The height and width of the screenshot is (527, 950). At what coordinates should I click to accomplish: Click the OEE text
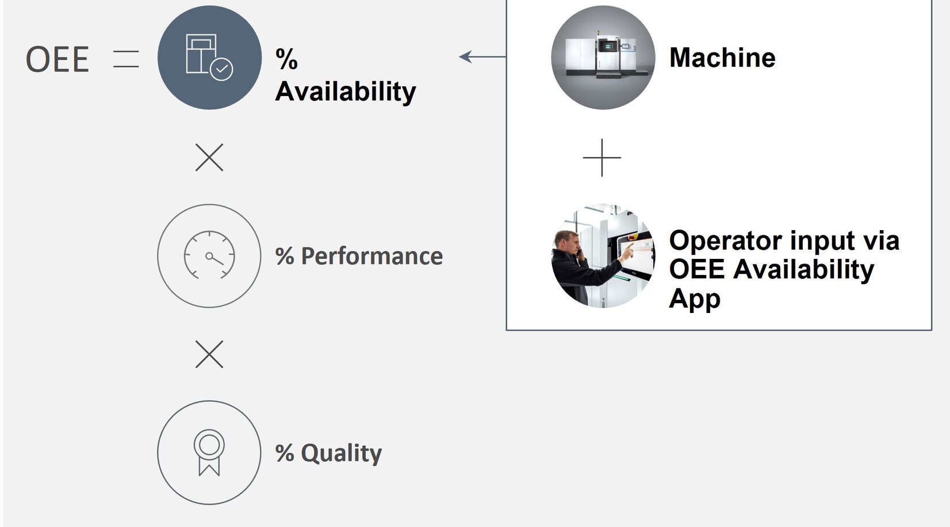pos(58,59)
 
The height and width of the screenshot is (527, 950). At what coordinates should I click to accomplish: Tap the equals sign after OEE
pos(126,59)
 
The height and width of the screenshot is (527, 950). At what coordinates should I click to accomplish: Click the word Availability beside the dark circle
pos(345,91)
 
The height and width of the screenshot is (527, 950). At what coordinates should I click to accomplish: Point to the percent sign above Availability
pos(286,59)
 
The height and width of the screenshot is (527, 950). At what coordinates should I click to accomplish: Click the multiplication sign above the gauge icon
pos(209,157)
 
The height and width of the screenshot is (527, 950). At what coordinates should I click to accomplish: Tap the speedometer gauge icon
pos(209,255)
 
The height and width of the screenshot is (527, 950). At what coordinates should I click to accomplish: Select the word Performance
pos(371,256)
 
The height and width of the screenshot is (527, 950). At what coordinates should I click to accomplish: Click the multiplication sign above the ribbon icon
pos(209,354)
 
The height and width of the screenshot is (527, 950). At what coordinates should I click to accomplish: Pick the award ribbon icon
pos(209,452)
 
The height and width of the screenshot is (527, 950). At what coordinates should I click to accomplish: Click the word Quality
pos(341,453)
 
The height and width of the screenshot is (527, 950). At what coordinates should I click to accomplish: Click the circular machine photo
pos(603,58)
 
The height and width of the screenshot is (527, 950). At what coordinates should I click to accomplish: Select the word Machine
pos(722,58)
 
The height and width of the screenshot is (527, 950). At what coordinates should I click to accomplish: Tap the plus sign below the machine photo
pos(602,157)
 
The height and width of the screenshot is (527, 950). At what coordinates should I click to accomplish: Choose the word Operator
pos(716,240)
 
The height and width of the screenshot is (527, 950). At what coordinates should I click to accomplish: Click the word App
pos(695,299)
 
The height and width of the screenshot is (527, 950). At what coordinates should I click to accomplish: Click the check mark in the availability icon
pos(221,69)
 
